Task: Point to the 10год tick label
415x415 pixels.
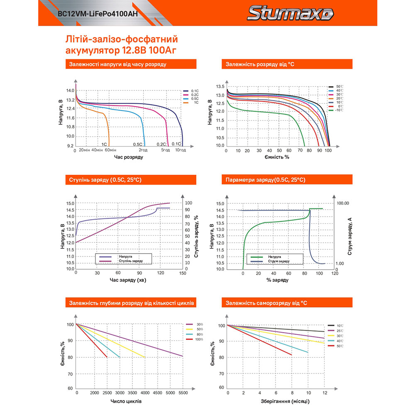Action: point(180,150)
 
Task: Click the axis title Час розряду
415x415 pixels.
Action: point(129,158)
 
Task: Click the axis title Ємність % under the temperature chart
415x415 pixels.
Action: point(276,158)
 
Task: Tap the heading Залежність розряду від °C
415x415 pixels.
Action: point(260,64)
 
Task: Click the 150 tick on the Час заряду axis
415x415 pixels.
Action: point(182,273)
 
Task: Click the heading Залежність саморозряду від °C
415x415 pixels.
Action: point(266,303)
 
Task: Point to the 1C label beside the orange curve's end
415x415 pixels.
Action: point(104,144)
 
